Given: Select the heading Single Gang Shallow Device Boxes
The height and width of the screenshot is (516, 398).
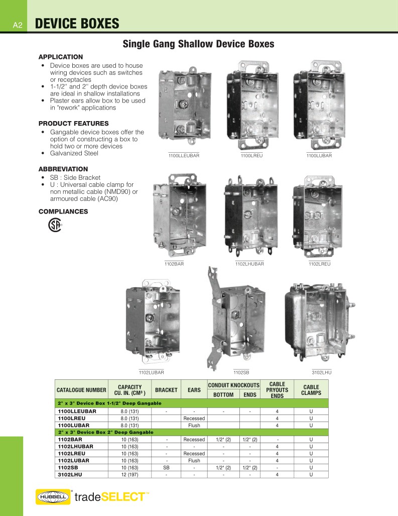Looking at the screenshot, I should [198, 44].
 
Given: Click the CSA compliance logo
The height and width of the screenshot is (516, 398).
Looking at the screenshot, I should [54, 225].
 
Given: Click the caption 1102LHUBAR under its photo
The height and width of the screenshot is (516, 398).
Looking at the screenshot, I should [249, 263].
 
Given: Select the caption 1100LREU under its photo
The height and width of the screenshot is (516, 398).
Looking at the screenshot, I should [252, 156].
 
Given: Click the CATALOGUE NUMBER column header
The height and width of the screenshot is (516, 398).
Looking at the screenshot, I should [81, 390].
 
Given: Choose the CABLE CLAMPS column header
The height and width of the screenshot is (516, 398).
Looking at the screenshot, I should [311, 390].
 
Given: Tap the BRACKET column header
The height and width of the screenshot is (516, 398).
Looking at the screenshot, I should [166, 390].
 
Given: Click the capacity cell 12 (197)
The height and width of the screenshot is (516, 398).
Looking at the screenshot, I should [129, 474].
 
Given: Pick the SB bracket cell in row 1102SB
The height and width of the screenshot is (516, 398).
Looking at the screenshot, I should [166, 467].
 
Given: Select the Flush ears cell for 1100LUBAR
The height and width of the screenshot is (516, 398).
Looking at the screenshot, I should [194, 425].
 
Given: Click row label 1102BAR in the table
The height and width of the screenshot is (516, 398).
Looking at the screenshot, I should [69, 439].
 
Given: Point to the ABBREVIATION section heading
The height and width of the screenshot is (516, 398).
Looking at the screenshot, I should [63, 169].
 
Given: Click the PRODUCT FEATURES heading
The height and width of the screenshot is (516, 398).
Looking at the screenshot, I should [73, 124].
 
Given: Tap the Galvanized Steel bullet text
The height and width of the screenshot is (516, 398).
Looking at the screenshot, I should [74, 153].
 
